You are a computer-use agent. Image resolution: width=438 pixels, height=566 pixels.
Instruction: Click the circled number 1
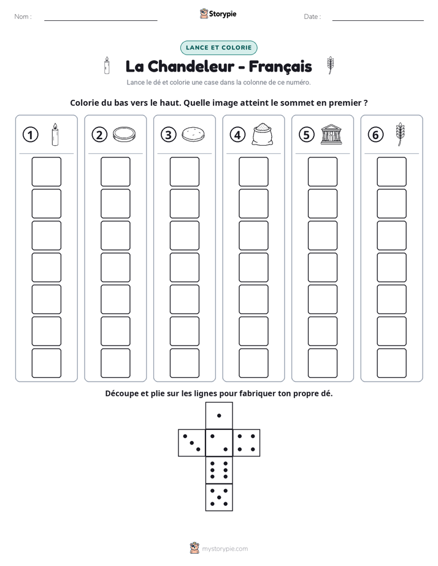30,135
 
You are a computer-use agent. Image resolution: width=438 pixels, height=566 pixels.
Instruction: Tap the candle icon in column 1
55,134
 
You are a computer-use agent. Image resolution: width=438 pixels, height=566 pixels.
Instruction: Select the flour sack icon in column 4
263,134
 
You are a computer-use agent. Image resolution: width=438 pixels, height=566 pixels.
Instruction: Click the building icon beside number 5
331,135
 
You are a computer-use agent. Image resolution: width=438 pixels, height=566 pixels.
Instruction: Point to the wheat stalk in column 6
400,134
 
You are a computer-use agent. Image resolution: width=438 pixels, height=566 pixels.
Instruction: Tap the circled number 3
169,135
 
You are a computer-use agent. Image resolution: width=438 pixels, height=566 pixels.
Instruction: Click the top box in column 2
115,172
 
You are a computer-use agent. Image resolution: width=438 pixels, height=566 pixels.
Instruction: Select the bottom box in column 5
322,363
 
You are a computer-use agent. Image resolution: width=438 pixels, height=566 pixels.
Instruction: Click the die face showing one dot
219,415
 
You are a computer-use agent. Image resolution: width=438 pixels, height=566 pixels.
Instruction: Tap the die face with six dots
219,470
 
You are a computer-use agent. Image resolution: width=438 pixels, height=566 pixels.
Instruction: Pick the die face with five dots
219,497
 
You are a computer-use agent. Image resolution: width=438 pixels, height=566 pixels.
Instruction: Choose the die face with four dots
247,442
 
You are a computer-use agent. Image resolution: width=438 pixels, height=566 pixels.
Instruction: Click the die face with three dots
192,442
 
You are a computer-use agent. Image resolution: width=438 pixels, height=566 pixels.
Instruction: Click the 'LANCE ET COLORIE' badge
218,48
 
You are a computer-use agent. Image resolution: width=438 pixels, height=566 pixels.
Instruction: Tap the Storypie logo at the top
218,13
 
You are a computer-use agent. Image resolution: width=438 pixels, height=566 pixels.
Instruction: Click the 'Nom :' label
23,17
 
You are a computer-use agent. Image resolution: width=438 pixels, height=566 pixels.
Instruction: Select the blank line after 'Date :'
378,20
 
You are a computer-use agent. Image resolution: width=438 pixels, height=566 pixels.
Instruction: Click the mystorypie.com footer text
225,549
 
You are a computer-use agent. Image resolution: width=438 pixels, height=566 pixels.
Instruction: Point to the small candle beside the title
107,66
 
